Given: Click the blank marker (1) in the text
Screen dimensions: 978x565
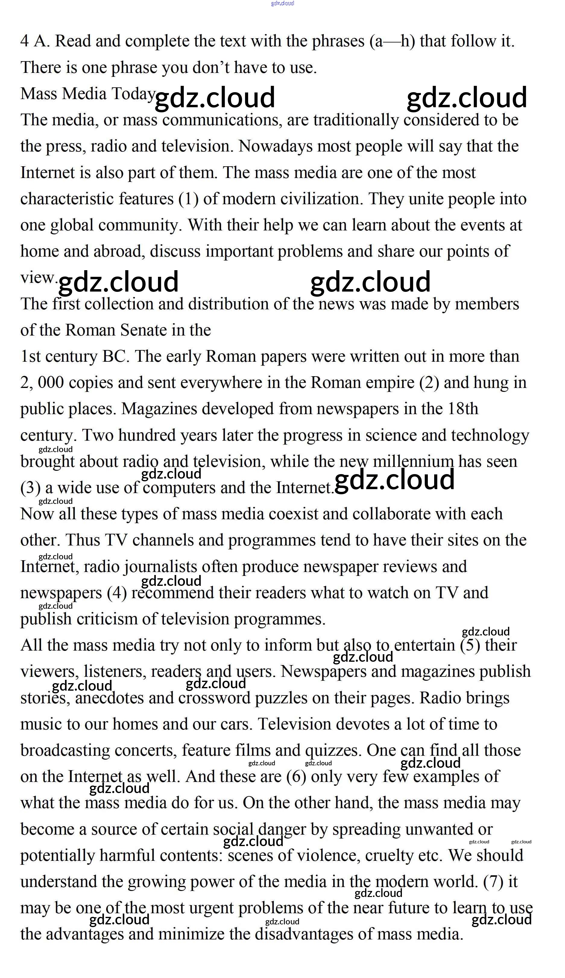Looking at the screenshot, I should (x=188, y=199).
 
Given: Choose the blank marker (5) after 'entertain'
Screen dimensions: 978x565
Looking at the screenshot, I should (x=470, y=645).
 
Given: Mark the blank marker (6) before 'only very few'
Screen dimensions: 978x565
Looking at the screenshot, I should (x=296, y=777).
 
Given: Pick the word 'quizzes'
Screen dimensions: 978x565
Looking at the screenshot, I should (x=333, y=751).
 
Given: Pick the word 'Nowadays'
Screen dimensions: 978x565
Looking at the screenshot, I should (x=275, y=146).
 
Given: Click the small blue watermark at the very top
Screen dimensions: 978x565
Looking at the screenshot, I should (x=282, y=4).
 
